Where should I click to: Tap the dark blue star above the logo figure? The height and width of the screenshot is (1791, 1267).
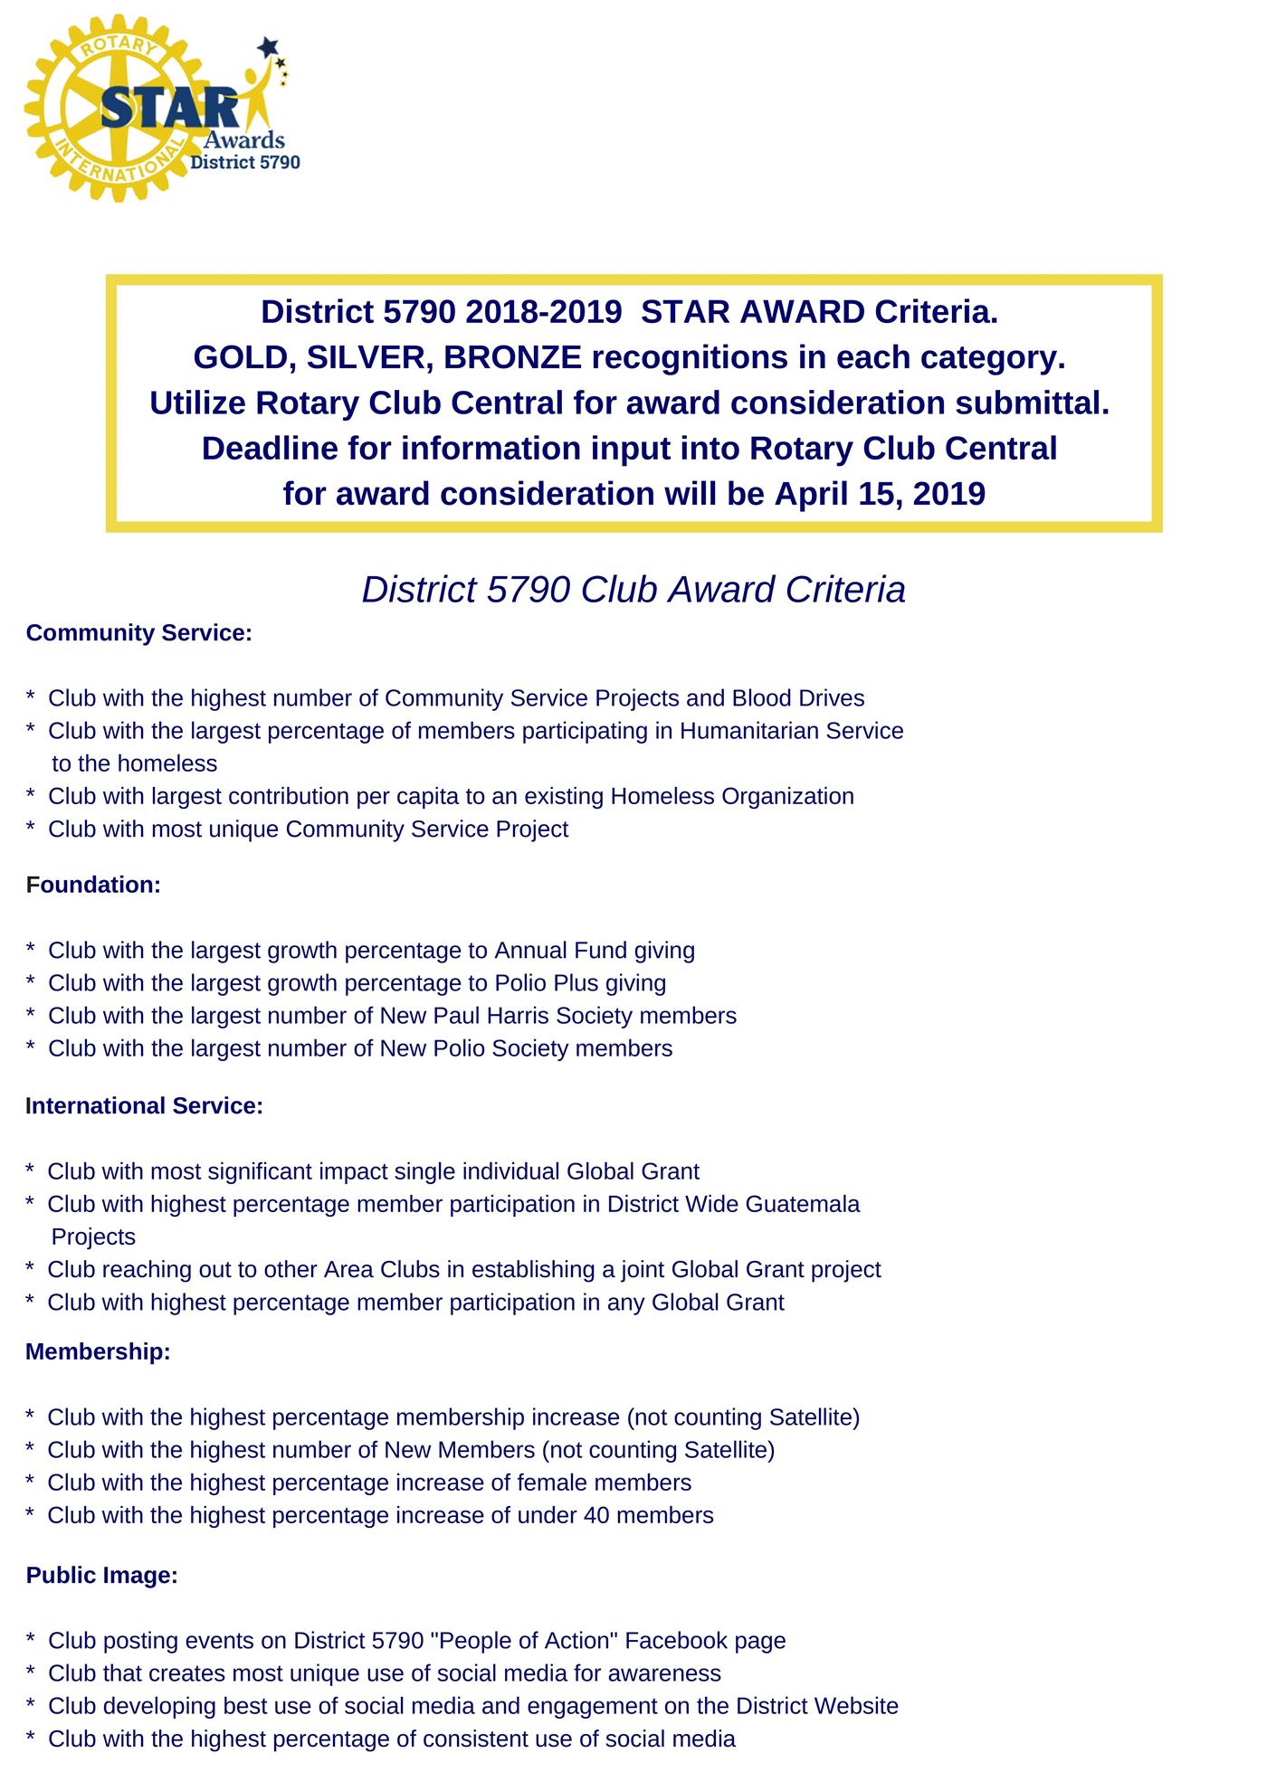coord(268,44)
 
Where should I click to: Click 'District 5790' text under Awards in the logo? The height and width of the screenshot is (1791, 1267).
coord(244,162)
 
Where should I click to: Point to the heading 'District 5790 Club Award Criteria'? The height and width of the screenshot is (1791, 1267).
coord(633,590)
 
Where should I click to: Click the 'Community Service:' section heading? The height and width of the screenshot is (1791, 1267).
coord(138,633)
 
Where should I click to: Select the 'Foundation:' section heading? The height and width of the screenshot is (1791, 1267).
coord(93,885)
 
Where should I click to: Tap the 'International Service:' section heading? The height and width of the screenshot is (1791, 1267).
coord(144,1105)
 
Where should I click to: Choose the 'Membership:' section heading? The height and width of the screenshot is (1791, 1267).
coord(98,1351)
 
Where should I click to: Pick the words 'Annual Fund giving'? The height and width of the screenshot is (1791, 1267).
coord(594,951)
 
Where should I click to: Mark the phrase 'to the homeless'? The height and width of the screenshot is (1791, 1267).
coord(134,763)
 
